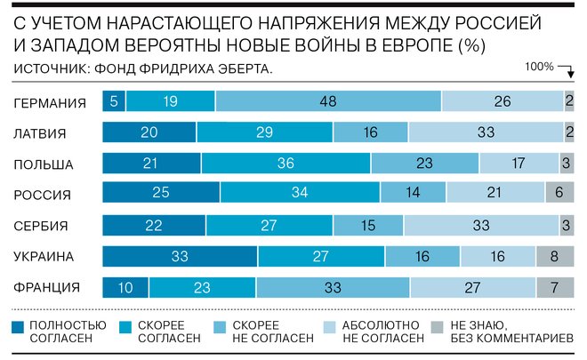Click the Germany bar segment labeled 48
click(327, 102)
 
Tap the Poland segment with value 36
click(285, 164)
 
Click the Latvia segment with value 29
click(264, 133)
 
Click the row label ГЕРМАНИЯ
click(51, 103)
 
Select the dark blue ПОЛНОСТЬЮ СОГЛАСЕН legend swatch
click(20, 325)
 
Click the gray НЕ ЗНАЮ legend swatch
click(437, 325)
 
